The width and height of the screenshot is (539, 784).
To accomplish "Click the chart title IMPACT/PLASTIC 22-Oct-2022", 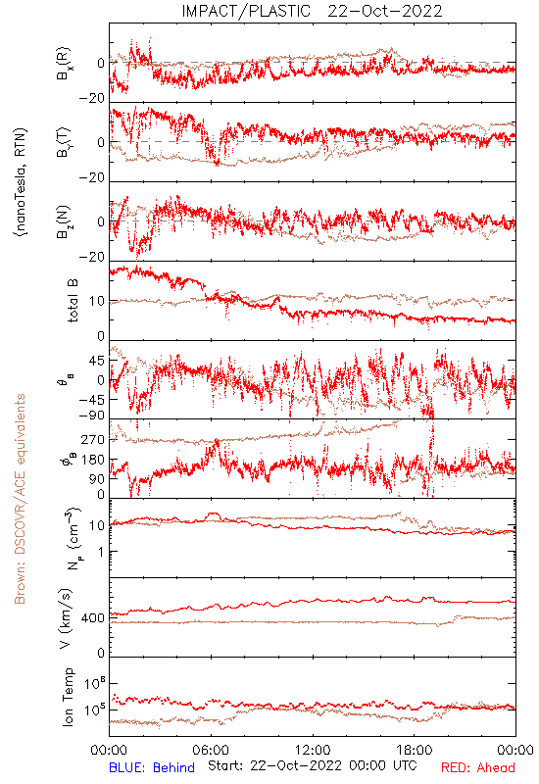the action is click(312, 11).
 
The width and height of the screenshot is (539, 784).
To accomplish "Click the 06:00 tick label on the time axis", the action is click(211, 750).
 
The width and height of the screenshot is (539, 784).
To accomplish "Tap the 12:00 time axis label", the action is click(313, 750).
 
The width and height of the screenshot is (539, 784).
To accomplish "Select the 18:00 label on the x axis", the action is click(415, 750).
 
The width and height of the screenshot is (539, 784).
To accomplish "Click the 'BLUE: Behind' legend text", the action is click(152, 767).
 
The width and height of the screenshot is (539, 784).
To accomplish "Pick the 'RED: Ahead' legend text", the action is click(477, 767).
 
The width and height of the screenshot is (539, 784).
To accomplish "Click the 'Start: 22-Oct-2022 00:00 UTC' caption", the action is click(313, 765).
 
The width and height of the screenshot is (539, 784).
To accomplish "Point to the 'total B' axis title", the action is click(73, 301).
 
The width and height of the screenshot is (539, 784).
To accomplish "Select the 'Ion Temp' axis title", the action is click(68, 697).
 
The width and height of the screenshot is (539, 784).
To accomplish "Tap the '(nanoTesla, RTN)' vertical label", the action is click(21, 182).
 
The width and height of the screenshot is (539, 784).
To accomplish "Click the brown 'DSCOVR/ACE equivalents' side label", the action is click(20, 499).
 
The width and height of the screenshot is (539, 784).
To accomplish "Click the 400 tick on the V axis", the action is click(93, 618).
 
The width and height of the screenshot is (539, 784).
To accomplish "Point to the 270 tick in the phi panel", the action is click(93, 439).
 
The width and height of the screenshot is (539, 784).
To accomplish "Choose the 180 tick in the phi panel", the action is click(93, 460).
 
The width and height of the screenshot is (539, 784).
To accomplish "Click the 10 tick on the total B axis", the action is click(97, 301).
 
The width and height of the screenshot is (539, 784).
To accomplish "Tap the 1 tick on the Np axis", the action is click(102, 552).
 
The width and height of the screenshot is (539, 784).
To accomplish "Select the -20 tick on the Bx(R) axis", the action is click(92, 99).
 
